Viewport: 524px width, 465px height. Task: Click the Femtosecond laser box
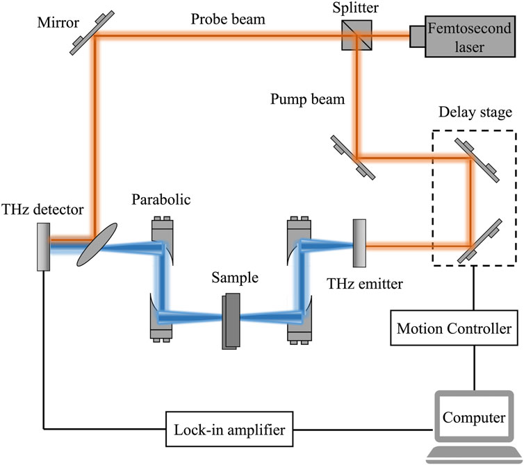click(470, 37)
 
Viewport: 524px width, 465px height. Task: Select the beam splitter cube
click(357, 35)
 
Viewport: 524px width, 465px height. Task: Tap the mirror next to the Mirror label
click(92, 33)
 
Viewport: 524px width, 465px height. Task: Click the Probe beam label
click(228, 19)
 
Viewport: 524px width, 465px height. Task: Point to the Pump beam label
click(307, 99)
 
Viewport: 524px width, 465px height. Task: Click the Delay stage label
click(475, 112)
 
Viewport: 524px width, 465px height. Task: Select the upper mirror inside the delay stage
click(477, 160)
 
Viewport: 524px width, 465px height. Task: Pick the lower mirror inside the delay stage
click(480, 241)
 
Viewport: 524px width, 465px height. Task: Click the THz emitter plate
click(359, 243)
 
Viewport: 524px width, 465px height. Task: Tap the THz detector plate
click(44, 247)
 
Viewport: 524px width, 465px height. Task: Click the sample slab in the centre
click(231, 321)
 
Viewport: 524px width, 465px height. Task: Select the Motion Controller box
click(454, 328)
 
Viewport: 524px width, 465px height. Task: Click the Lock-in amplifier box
click(229, 429)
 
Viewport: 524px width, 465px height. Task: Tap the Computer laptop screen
click(474, 417)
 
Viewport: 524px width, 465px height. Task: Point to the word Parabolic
click(161, 200)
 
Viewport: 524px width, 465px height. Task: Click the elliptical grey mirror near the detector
click(97, 245)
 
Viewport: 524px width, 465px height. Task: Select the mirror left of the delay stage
click(353, 158)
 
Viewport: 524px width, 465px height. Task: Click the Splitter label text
click(356, 8)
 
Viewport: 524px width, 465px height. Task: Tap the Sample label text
click(235, 278)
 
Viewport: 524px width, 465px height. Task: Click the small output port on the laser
click(418, 36)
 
